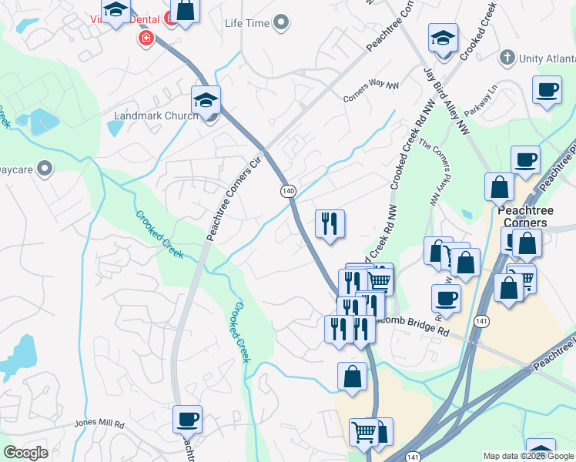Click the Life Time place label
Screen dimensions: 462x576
[247, 23]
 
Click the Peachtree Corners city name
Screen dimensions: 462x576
[522, 216]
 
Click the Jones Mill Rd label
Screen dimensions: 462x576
[99, 423]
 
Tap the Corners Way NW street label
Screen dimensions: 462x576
[371, 90]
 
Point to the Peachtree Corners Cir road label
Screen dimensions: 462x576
[233, 196]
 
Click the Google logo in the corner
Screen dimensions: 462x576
[25, 453]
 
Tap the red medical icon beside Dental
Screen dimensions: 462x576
[144, 37]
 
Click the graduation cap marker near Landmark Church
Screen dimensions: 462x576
[206, 100]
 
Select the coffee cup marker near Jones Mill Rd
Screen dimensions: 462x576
[187, 420]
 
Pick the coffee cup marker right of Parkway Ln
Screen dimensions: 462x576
[547, 90]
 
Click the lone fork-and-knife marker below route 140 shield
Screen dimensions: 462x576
[330, 224]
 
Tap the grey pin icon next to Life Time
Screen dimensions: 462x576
[281, 23]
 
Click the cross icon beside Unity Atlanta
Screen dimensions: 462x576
[507, 58]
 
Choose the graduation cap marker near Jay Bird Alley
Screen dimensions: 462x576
[444, 38]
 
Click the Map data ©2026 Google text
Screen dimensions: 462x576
[529, 456]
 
